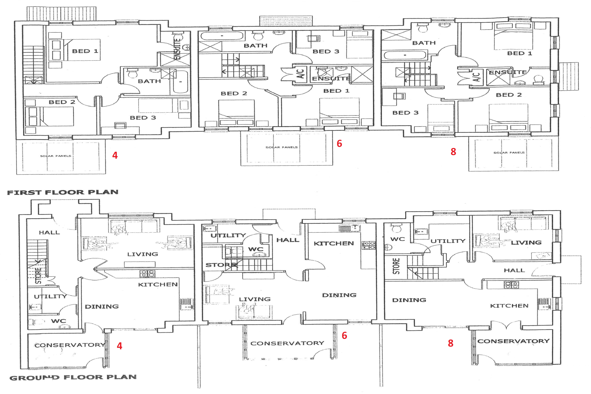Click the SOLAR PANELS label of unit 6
click(282, 147)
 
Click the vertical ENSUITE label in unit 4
click(177, 49)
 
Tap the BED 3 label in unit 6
click(326, 52)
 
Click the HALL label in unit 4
click(49, 232)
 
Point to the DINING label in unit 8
click(409, 300)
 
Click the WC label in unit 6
click(256, 249)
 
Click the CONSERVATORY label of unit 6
click(287, 343)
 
